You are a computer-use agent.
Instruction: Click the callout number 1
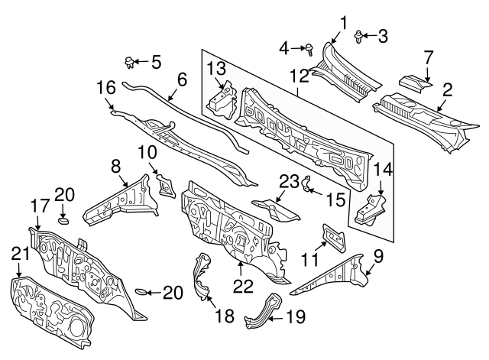344,21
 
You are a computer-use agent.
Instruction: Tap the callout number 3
383,34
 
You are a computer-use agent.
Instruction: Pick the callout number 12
299,75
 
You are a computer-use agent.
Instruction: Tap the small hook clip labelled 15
307,184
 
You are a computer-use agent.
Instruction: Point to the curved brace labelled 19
261,313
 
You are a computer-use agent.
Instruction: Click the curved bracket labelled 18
202,279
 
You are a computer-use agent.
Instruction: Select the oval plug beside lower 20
141,291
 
